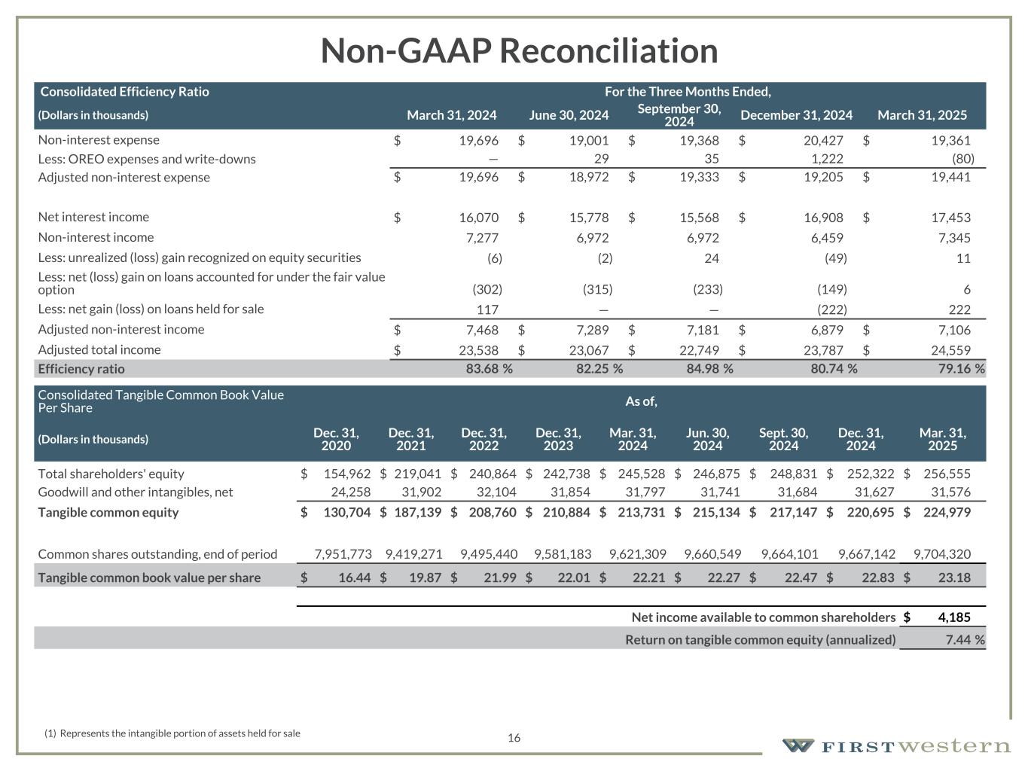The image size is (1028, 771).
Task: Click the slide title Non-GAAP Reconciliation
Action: pyautogui.click(x=519, y=51)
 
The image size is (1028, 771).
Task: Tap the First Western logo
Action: pyautogui.click(x=896, y=746)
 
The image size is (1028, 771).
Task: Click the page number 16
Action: pyautogui.click(x=514, y=738)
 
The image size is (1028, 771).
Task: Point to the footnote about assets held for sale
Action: pyautogui.click(x=172, y=733)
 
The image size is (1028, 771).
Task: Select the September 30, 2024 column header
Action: pyautogui.click(x=679, y=115)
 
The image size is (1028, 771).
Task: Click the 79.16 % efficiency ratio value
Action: pyautogui.click(x=956, y=369)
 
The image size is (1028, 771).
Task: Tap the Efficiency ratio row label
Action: pyautogui.click(x=81, y=369)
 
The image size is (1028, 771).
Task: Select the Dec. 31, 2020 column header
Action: pyautogui.click(x=336, y=439)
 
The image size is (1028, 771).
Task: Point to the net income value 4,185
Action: pyautogui.click(x=953, y=617)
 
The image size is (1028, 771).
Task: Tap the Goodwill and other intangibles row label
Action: pyautogui.click(x=136, y=492)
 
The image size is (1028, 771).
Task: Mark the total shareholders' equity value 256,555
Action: pyautogui.click(x=945, y=474)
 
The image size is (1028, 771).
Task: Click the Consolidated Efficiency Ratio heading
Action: pyautogui.click(x=124, y=92)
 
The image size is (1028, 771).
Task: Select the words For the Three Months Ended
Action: pyautogui.click(x=688, y=92)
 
